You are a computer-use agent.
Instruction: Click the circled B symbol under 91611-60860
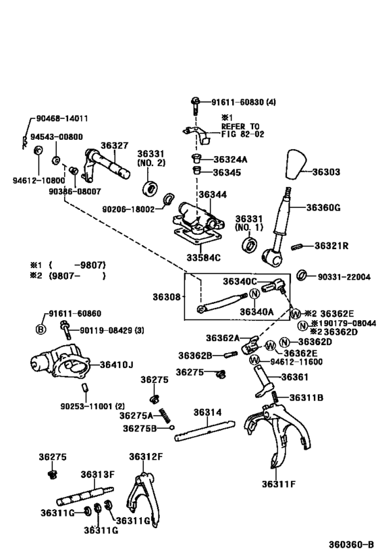tap(40, 329)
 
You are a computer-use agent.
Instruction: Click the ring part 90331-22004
tap(303, 275)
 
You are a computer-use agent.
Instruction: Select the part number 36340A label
tap(239, 312)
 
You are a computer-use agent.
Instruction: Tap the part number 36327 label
tap(114, 145)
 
